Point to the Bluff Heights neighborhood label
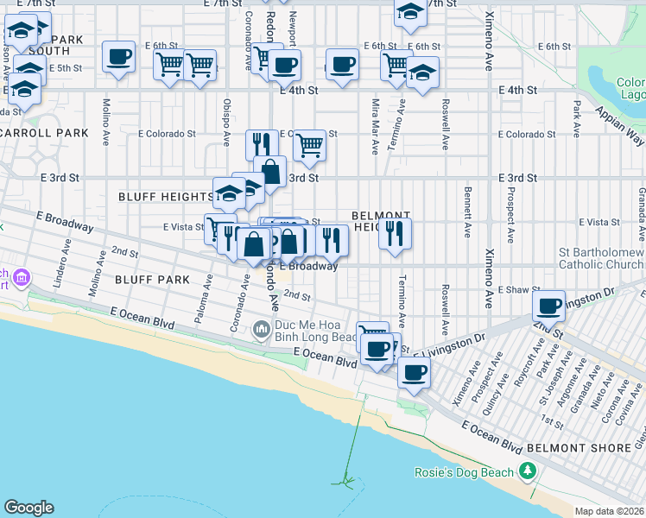[x=164, y=197]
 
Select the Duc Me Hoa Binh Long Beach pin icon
[x=262, y=329]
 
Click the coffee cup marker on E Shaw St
[x=549, y=305]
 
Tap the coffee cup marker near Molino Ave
[x=119, y=57]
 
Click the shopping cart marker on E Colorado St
[x=308, y=145]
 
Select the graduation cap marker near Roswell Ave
[x=422, y=73]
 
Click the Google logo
[x=28, y=508]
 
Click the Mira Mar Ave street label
[x=375, y=126]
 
